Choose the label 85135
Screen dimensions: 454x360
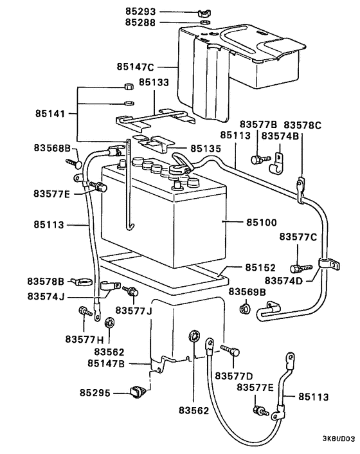(x=205, y=148)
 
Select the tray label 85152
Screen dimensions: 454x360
(x=260, y=267)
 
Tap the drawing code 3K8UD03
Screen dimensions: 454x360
(x=338, y=440)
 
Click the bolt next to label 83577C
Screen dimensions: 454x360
(x=296, y=267)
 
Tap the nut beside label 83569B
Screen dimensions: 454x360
(x=244, y=309)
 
